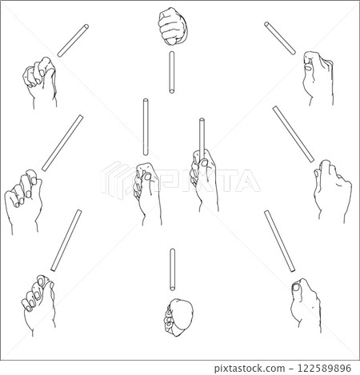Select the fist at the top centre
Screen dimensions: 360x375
[173, 26]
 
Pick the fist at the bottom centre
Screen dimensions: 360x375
[178, 317]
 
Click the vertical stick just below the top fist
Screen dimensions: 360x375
[172, 72]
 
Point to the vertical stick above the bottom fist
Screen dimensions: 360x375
[173, 269]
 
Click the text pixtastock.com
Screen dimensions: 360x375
[250, 368]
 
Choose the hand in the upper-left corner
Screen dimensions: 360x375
[41, 82]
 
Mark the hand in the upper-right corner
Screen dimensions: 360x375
[318, 78]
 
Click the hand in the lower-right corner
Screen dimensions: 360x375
[306, 305]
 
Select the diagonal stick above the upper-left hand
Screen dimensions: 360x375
[73, 41]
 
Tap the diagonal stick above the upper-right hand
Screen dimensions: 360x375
[280, 38]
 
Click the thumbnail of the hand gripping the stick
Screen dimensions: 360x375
[205, 162]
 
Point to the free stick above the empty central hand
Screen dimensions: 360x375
[146, 127]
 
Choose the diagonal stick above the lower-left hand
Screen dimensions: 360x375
[66, 241]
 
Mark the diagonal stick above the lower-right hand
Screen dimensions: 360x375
[280, 241]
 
